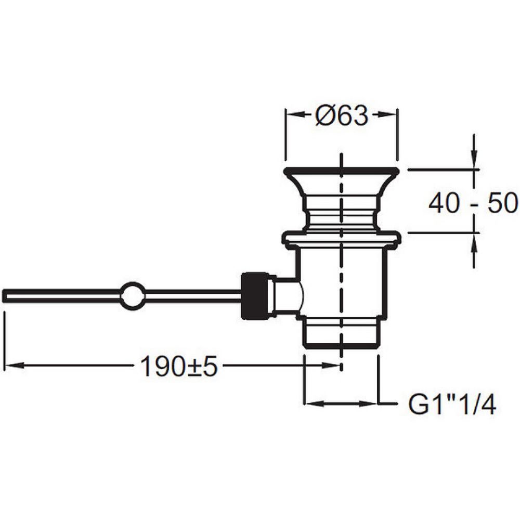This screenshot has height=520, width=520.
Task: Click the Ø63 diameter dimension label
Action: [342, 115]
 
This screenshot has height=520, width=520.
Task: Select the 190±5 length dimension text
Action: [179, 366]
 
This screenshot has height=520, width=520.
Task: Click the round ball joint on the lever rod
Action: [132, 295]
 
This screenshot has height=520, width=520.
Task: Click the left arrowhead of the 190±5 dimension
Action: [15, 366]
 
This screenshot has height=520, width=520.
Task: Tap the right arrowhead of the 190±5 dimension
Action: [332, 366]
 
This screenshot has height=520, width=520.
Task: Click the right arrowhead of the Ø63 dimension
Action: [387, 114]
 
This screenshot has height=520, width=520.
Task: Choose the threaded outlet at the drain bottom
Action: [342, 333]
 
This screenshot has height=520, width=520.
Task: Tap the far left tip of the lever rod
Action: [3, 295]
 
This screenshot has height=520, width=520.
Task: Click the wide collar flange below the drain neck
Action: [342, 239]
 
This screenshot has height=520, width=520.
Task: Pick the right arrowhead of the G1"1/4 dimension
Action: [369, 404]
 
